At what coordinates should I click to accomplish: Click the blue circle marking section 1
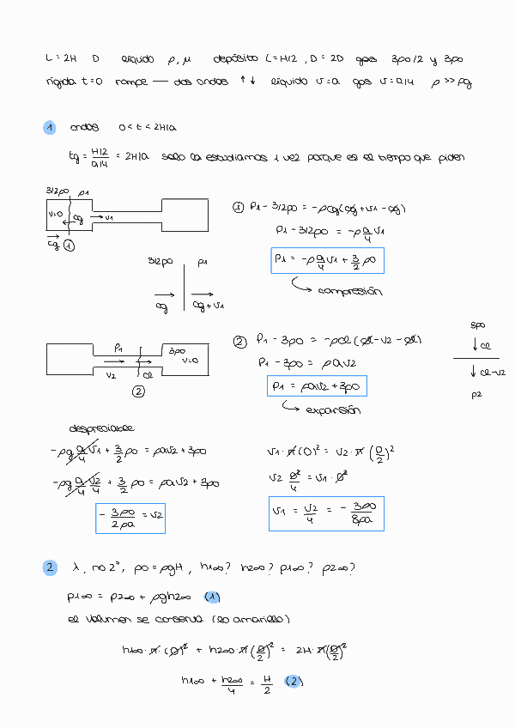(50, 128)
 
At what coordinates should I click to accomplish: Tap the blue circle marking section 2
(50, 567)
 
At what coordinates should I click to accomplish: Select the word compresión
(350, 291)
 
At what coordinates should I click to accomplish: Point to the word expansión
(336, 409)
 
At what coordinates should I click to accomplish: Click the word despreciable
(101, 428)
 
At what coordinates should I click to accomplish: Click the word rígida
(63, 82)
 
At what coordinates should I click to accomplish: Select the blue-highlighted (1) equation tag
(212, 597)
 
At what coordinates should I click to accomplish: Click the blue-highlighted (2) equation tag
(293, 682)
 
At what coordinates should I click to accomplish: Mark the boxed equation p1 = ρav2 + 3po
(317, 387)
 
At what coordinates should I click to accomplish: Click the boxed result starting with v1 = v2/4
(326, 514)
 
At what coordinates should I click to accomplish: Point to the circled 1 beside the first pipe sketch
(68, 245)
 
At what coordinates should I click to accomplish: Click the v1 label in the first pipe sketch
(108, 217)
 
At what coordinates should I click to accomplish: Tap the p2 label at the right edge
(477, 396)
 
